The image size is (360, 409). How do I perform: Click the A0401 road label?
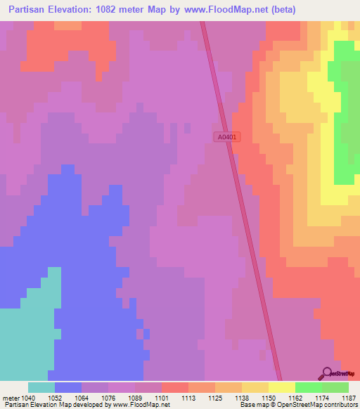[227, 138]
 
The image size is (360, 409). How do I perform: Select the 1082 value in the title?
[115, 10]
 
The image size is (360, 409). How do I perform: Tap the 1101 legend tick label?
[162, 398]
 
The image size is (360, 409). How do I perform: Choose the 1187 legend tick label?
[348, 398]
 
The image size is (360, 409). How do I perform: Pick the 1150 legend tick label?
[269, 398]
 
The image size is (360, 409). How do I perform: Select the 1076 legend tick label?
[108, 398]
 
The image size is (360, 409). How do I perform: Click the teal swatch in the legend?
[41, 387]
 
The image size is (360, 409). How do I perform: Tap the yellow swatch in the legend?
[282, 387]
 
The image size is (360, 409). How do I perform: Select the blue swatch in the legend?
[68, 387]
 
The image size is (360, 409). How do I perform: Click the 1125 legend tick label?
[215, 398]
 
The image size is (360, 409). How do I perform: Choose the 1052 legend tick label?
[55, 398]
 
